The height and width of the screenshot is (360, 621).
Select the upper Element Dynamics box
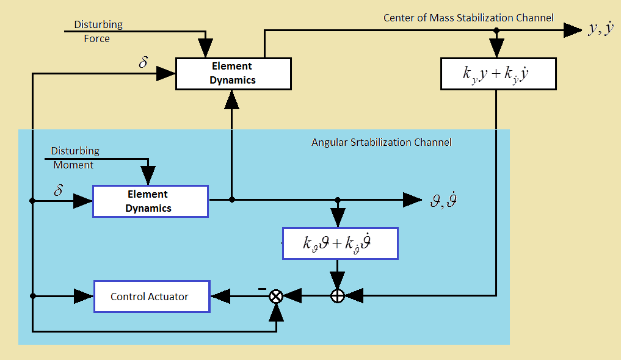coord(232,73)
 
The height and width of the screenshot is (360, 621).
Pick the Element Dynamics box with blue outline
coord(150,201)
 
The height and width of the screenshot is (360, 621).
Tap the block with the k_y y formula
coord(498,74)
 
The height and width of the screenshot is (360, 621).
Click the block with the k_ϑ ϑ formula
coord(340,243)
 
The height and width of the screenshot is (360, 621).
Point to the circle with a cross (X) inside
coord(276,297)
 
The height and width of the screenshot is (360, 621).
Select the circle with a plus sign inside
coord(338,297)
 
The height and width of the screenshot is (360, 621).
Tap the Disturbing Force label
coord(98,32)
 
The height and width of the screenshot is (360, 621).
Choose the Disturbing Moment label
coord(74,157)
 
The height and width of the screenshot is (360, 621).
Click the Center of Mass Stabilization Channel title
coord(468,18)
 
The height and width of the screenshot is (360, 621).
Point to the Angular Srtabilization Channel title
coord(382,142)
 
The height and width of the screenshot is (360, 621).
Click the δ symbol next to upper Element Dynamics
coord(143,63)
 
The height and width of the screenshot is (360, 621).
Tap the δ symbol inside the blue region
coord(59,190)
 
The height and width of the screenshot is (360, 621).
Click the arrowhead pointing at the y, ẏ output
coord(573,30)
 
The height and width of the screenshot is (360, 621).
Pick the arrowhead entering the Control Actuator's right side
coord(220,297)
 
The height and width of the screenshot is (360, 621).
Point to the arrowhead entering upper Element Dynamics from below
coord(231,99)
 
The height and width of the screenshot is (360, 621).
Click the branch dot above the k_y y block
coord(497,30)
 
